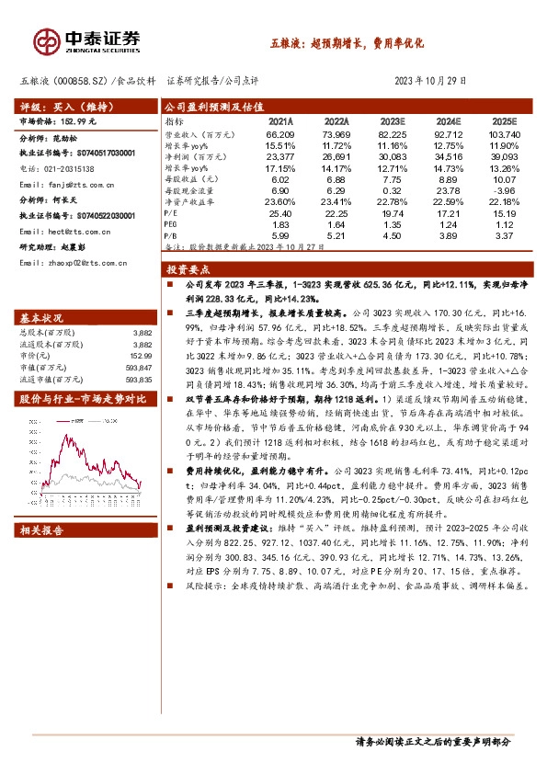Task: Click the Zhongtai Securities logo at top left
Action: click(x=87, y=40)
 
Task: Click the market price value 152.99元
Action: click(x=85, y=121)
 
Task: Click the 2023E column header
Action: click(x=393, y=120)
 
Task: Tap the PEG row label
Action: click(x=172, y=222)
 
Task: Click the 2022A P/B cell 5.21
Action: click(x=336, y=234)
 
